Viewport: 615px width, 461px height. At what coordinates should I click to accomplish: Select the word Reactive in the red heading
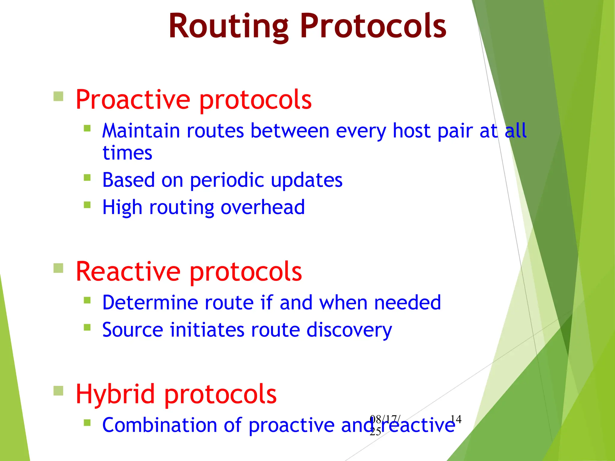pyautogui.click(x=128, y=271)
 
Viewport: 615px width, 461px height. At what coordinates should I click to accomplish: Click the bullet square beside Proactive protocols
pyautogui.click(x=58, y=97)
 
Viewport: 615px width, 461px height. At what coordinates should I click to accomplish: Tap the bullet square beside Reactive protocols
pyautogui.click(x=58, y=268)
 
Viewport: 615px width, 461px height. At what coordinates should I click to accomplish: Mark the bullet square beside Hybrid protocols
pyautogui.click(x=58, y=391)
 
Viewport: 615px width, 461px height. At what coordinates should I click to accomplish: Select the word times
pyautogui.click(x=127, y=153)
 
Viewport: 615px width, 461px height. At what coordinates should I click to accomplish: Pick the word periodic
pyautogui.click(x=227, y=180)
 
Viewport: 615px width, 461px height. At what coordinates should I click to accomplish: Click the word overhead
pyautogui.click(x=262, y=207)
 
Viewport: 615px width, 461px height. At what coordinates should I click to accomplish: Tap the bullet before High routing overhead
pyautogui.click(x=87, y=205)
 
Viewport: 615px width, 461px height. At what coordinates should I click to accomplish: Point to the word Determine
pyautogui.click(x=150, y=302)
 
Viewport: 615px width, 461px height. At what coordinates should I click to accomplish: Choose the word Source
pyautogui.click(x=132, y=330)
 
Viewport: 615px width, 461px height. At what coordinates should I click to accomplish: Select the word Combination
pyautogui.click(x=159, y=425)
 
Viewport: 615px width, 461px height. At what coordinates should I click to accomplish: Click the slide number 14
pyautogui.click(x=456, y=419)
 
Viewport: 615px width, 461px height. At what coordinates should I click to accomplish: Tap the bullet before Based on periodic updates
pyautogui.click(x=87, y=177)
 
